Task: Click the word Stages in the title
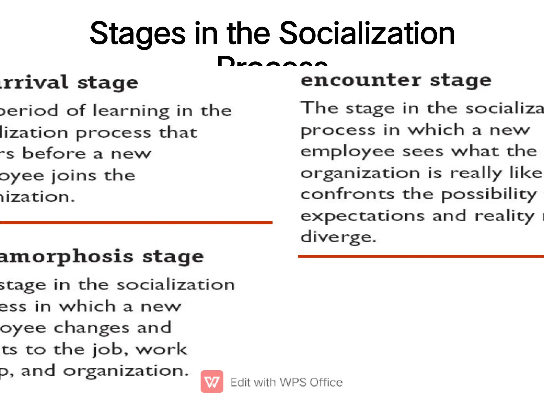pos(137,34)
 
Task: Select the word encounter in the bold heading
pos(361,80)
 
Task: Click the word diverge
pos(338,237)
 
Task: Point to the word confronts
pos(347,194)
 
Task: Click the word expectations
pos(362,216)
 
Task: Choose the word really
pos(475,173)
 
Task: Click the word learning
pos(131,111)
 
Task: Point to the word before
pos(54,154)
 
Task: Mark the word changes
pos(92,328)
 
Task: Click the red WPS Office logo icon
pos(212,381)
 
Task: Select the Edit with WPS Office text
pos(286,382)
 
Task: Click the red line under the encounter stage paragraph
pos(421,256)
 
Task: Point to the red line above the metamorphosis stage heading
pos(136,223)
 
